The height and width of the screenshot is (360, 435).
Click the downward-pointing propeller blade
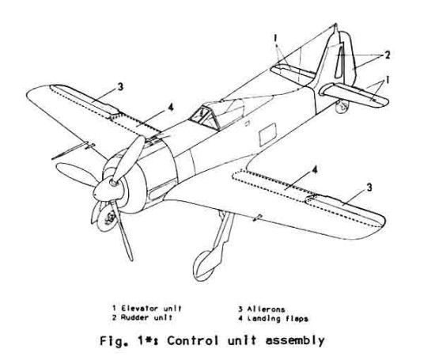[x=121, y=232]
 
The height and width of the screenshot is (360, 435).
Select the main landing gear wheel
[x=205, y=266]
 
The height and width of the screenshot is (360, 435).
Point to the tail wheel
[x=342, y=107]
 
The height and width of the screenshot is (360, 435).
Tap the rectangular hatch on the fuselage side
[x=267, y=135]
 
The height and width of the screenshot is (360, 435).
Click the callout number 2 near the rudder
[x=387, y=55]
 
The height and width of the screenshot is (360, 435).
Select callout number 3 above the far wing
[x=120, y=87]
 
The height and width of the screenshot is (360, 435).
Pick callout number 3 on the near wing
[x=369, y=188]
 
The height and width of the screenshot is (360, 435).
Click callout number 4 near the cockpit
[x=171, y=107]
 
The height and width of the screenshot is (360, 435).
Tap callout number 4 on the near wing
[x=314, y=169]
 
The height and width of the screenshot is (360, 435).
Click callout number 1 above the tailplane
[x=275, y=38]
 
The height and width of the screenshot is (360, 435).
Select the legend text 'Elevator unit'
[x=151, y=309]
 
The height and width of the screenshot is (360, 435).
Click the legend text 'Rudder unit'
[x=146, y=317]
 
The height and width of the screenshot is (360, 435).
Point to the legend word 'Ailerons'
[x=266, y=309]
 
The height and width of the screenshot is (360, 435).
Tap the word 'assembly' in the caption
[x=295, y=341]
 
